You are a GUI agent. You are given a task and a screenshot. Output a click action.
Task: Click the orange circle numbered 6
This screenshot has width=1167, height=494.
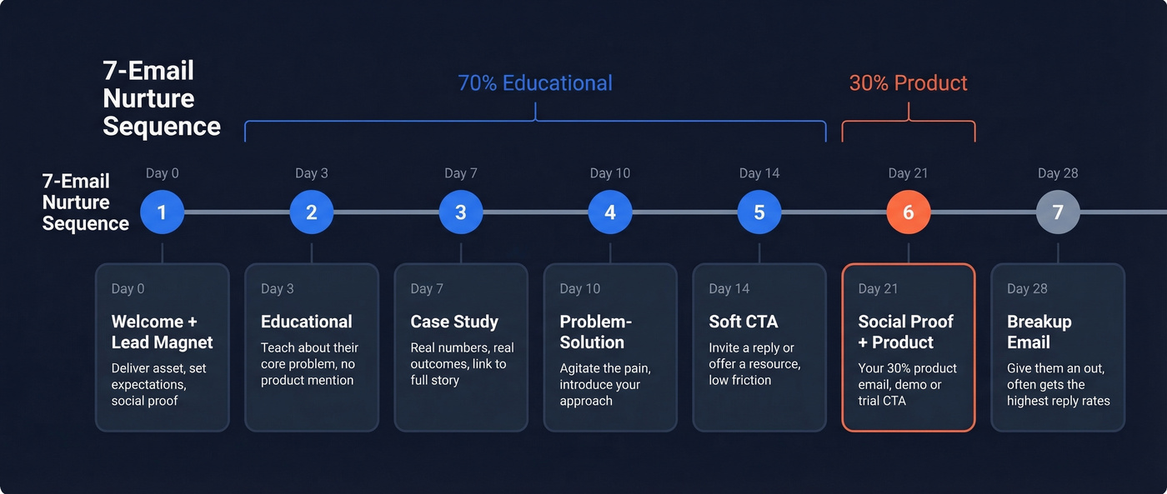[x=908, y=212]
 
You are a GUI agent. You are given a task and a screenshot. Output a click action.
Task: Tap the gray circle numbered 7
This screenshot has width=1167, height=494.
[x=1057, y=212]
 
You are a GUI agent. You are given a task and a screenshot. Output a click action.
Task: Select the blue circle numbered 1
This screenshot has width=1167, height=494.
[x=162, y=212]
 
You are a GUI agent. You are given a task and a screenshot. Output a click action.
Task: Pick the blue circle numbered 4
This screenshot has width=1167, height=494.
[x=609, y=212]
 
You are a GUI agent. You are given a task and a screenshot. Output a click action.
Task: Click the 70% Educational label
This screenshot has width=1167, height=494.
[x=534, y=83]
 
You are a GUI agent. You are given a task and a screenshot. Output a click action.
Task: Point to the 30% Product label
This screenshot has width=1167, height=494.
[x=908, y=83]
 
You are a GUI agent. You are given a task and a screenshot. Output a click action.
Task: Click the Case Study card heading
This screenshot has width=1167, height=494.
[x=454, y=322]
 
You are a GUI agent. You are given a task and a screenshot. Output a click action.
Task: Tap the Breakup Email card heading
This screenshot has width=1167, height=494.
[x=1039, y=332]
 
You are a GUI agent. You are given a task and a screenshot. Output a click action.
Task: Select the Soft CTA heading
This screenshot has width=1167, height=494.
[x=743, y=322]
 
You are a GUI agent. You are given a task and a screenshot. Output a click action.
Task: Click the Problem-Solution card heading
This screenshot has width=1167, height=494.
[x=595, y=332]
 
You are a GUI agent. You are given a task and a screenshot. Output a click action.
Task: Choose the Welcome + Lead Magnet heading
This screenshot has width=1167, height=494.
[x=162, y=332]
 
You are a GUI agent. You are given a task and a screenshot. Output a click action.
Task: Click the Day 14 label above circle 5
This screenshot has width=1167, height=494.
[x=759, y=173]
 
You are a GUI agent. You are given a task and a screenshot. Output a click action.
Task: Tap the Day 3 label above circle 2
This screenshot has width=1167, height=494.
[x=311, y=173]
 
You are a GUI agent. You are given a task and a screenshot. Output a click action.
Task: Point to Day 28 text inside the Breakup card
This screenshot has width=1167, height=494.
[x=1027, y=289]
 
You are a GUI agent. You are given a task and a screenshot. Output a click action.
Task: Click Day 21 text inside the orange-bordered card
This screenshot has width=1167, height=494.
[x=878, y=289]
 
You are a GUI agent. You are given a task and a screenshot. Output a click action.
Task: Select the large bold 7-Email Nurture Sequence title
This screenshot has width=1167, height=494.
[x=161, y=98]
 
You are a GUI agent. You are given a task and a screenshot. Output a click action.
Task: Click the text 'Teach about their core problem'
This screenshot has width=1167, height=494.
[x=309, y=356]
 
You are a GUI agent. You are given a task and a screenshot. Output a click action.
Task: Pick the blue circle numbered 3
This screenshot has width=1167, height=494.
[x=460, y=212]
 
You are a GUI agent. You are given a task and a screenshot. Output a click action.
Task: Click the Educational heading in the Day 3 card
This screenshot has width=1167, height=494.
[x=306, y=322]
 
